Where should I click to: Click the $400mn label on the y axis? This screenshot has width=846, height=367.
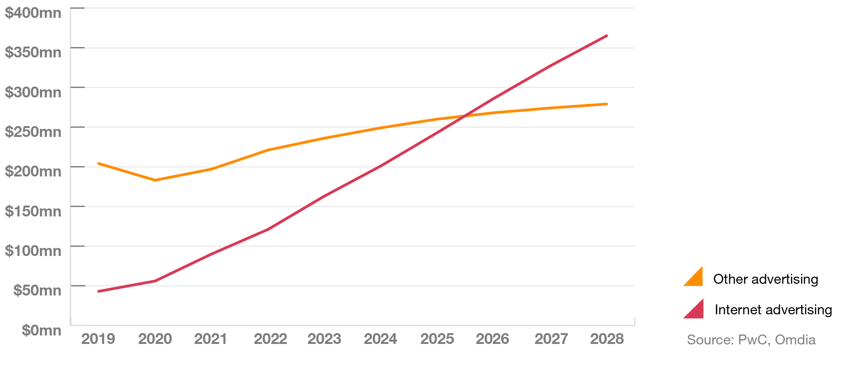coord(33,13)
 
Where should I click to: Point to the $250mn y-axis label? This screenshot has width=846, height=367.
coord(33,132)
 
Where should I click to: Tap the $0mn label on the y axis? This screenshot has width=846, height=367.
coord(41,330)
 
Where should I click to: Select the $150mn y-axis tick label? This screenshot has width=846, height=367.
coord(33,211)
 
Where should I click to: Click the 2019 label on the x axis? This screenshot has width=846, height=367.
coord(98,339)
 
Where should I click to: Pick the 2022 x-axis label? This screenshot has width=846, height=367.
coord(270,339)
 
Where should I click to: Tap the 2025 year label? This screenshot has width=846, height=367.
coord(437,339)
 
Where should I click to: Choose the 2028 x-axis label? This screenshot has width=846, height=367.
coord(607,339)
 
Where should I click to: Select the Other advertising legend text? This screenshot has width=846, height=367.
coord(766,279)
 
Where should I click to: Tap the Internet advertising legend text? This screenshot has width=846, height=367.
coord(773,310)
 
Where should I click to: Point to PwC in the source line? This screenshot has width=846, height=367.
coord(752,340)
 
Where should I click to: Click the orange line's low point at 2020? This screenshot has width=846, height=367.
coord(155,180)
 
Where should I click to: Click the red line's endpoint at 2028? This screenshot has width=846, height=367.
coord(607,36)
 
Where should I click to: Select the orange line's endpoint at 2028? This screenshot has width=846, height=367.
coord(607,104)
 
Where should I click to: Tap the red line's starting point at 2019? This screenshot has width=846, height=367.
coord(99,291)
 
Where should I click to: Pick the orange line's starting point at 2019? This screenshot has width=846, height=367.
coord(99,163)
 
